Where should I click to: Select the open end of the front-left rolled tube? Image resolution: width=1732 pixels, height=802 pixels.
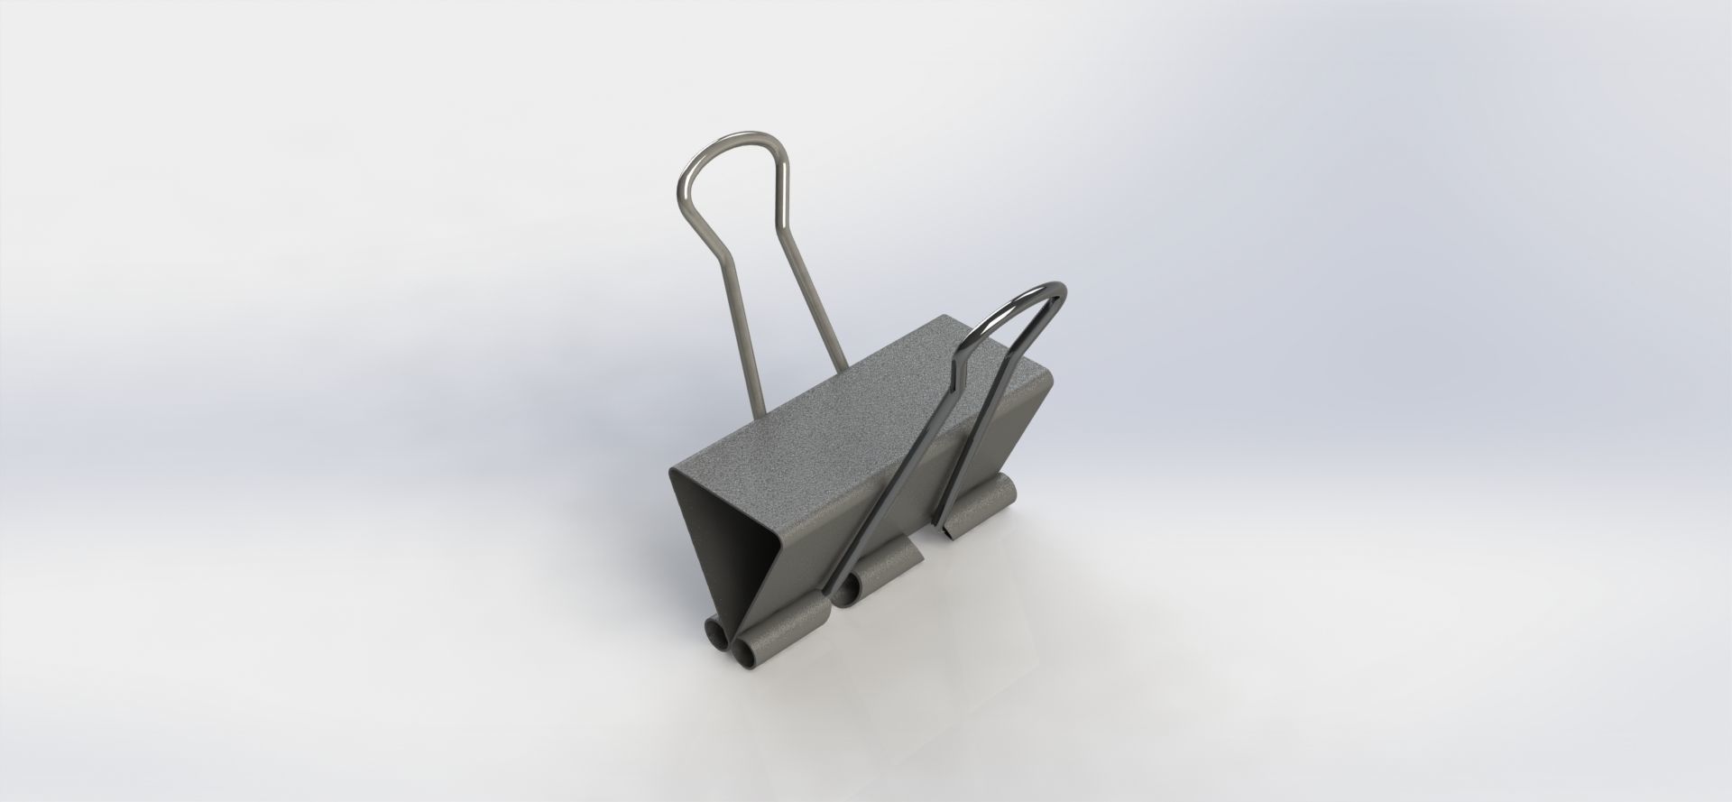click(748, 650)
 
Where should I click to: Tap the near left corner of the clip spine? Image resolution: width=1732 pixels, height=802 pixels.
click(672, 472)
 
